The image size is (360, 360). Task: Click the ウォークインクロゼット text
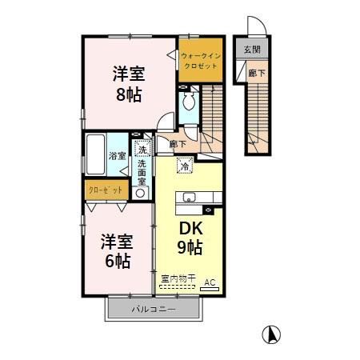(198, 60)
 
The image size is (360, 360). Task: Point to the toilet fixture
(189, 102)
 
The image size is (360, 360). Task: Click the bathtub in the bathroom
(94, 157)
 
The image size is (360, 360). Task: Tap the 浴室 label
(118, 155)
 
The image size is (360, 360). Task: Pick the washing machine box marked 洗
(142, 150)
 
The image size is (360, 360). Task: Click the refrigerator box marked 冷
(184, 167)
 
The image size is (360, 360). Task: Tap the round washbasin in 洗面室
(141, 192)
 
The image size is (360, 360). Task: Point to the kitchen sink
(191, 198)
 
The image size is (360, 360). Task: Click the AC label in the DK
(210, 282)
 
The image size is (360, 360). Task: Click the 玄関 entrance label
(252, 50)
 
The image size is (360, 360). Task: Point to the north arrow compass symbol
(272, 334)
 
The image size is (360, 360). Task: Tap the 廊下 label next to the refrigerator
(178, 144)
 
